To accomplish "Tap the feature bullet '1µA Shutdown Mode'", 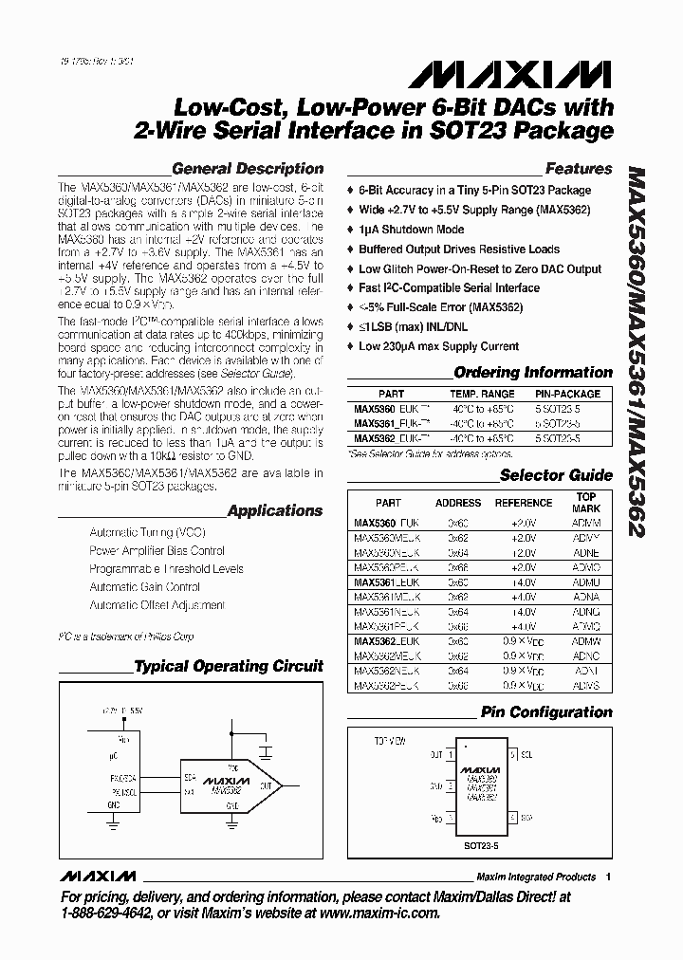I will click(x=412, y=229).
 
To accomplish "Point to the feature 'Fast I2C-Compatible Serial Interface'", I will click(x=449, y=287).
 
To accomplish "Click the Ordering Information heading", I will click(x=533, y=373).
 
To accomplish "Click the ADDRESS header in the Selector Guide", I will click(x=458, y=503).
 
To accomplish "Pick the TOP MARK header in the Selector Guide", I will click(x=586, y=502).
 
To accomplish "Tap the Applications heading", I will click(x=275, y=510).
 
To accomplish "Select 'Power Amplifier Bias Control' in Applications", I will click(x=157, y=550).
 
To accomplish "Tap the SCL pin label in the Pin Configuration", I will click(x=530, y=755).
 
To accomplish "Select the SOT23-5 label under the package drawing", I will click(x=485, y=841).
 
